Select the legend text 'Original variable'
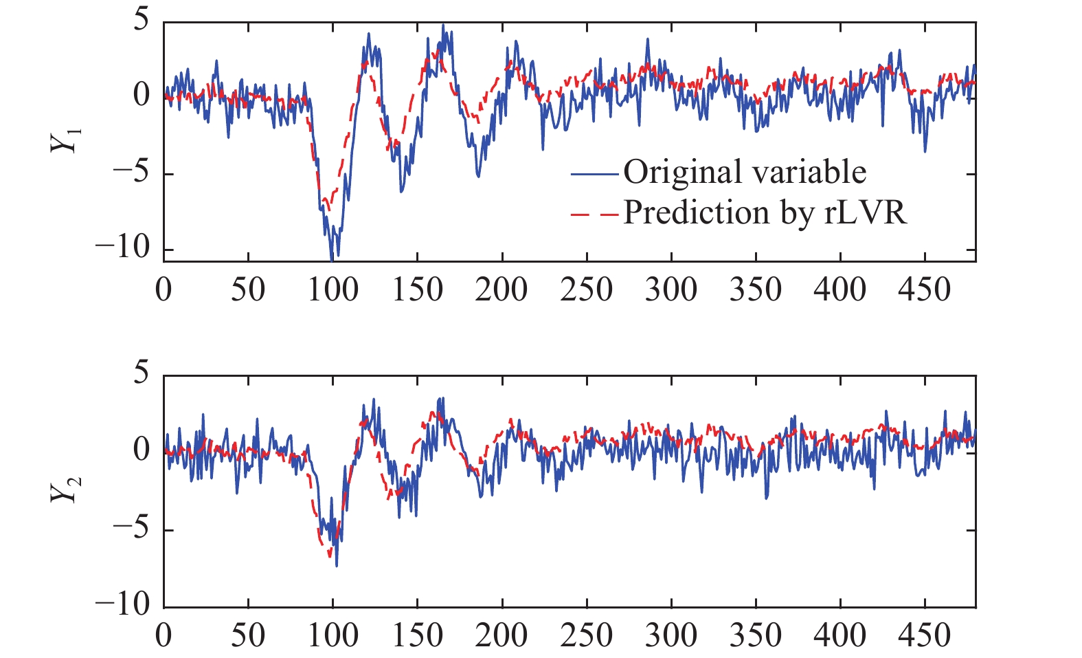pyautogui.click(x=745, y=172)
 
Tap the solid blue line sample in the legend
pyautogui.click(x=595, y=174)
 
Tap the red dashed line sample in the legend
pyautogui.click(x=595, y=215)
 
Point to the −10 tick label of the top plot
pyautogui.click(x=123, y=248)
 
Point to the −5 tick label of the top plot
pyautogui.click(x=131, y=172)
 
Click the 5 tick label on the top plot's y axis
pyautogui.click(x=141, y=21)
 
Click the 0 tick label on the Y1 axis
pyautogui.click(x=141, y=95)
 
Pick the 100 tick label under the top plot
pyautogui.click(x=333, y=289)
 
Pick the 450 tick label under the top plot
pyautogui.click(x=925, y=289)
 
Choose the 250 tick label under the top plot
pyautogui.click(x=586, y=289)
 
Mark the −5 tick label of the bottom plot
pyautogui.click(x=131, y=530)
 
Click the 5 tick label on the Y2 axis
pyautogui.click(x=141, y=375)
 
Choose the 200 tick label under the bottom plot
pyautogui.click(x=501, y=635)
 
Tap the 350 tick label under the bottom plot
pyautogui.click(x=756, y=635)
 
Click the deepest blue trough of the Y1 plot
pyautogui.click(x=332, y=259)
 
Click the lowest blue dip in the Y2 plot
pyautogui.click(x=336, y=565)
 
